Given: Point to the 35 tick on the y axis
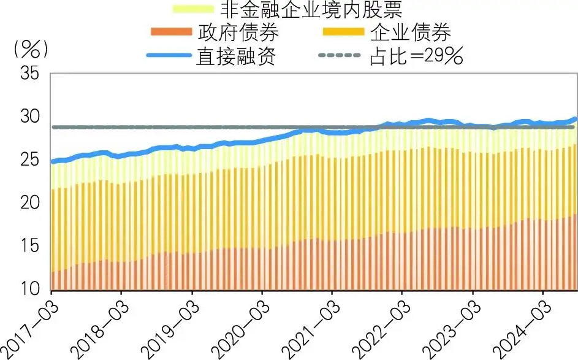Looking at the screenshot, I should (x=29, y=74).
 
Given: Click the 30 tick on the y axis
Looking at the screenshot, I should (x=29, y=117).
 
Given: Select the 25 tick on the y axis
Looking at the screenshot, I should (x=29, y=160).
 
